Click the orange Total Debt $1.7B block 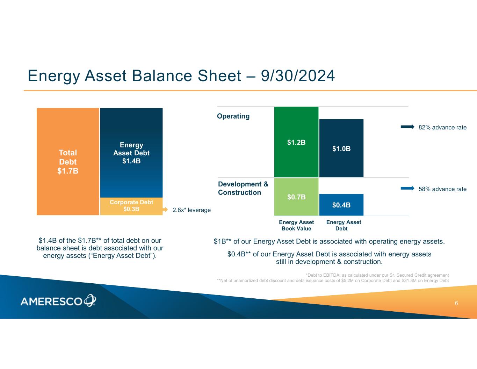tap(68, 162)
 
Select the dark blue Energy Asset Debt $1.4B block tap(131, 152)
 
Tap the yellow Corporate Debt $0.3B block tap(131, 206)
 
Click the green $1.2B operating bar tap(296, 142)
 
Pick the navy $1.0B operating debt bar tap(341, 148)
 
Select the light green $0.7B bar tap(296, 197)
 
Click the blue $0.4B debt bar tap(341, 205)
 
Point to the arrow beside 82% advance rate tap(407, 127)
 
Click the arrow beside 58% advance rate tap(407, 188)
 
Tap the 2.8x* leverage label tap(191, 210)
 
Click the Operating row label tap(233, 116)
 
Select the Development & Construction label tap(243, 188)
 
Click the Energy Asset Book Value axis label tap(296, 225)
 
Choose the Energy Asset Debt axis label tap(344, 225)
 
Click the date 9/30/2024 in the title tap(298, 76)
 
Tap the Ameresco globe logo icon tap(90, 300)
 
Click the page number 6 tap(456, 303)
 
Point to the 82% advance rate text tap(442, 127)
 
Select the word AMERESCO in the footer tap(51, 301)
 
